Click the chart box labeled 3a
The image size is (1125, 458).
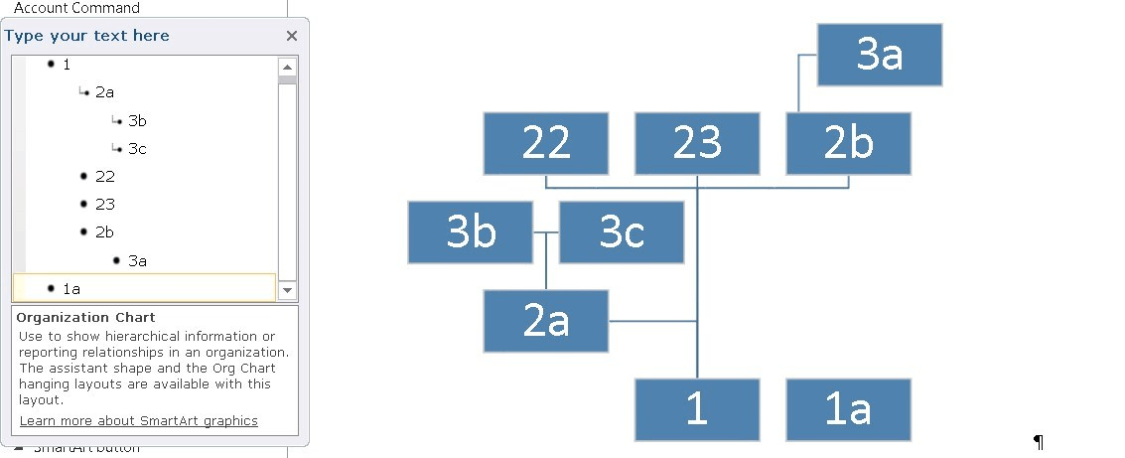pyautogui.click(x=880, y=55)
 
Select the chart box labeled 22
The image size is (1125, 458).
pyautogui.click(x=546, y=144)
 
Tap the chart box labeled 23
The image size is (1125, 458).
pyautogui.click(x=697, y=144)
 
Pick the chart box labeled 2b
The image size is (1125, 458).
pyautogui.click(x=849, y=144)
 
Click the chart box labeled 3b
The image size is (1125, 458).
pyautogui.click(x=471, y=232)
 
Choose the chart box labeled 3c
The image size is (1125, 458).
pyautogui.click(x=622, y=232)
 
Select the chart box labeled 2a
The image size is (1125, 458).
pyautogui.click(x=546, y=321)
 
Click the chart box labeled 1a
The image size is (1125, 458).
pyautogui.click(x=849, y=410)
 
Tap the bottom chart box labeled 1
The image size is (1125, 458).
pyautogui.click(x=697, y=410)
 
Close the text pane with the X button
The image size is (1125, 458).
pyautogui.click(x=291, y=36)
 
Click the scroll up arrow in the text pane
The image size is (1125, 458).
pyautogui.click(x=287, y=68)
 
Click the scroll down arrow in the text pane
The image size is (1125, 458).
pyautogui.click(x=287, y=290)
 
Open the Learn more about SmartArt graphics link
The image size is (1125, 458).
pyautogui.click(x=138, y=420)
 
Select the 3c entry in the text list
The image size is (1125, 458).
pyautogui.click(x=137, y=149)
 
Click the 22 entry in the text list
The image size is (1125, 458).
pyautogui.click(x=104, y=177)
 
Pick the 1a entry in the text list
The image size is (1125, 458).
pyautogui.click(x=71, y=288)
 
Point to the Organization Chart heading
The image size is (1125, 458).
pyautogui.click(x=86, y=317)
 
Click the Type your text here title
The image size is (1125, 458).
pyautogui.click(x=87, y=36)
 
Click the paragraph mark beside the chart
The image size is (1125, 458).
pyautogui.click(x=1039, y=441)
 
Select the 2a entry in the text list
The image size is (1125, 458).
pyautogui.click(x=104, y=91)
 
